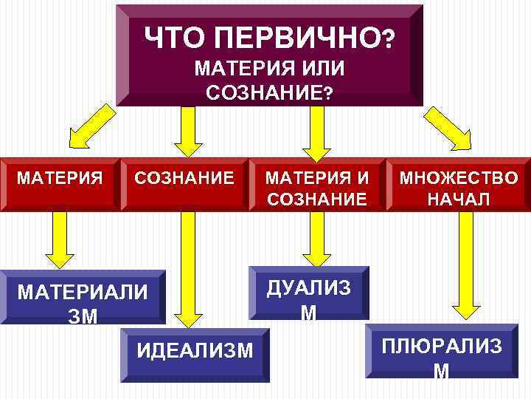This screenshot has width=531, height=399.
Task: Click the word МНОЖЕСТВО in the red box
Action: click(458, 177)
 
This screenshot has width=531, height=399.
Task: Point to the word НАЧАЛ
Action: click(458, 198)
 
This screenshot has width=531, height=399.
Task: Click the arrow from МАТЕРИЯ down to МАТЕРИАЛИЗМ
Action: click(55, 239)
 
